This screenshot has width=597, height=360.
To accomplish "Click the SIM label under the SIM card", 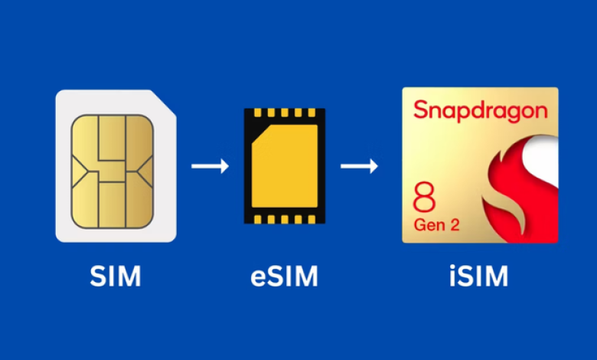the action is pyautogui.click(x=116, y=276).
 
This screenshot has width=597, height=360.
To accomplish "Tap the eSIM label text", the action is pyautogui.click(x=284, y=276).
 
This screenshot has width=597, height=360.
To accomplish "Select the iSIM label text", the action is pyautogui.click(x=478, y=276).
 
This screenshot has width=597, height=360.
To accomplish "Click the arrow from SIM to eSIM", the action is pyautogui.click(x=210, y=166).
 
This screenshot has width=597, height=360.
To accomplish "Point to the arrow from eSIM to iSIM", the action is pyautogui.click(x=359, y=166).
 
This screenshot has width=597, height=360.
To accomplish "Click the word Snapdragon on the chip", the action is pyautogui.click(x=481, y=111).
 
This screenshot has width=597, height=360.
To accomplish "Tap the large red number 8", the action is pyautogui.click(x=424, y=198).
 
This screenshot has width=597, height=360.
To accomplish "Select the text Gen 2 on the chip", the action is pyautogui.click(x=436, y=224).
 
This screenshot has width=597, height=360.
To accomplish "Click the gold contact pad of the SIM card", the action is pyautogui.click(x=113, y=172).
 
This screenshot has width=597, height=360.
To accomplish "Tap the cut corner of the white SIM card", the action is pyautogui.click(x=165, y=101).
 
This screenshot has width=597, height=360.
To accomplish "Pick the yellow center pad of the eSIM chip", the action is pyautogui.click(x=285, y=165).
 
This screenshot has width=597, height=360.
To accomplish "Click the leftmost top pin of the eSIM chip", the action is pyautogui.click(x=258, y=113).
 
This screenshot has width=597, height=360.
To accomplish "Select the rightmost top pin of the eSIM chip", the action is pyautogui.click(x=312, y=113).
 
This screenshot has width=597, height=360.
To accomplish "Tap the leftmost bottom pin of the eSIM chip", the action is pyautogui.click(x=258, y=219).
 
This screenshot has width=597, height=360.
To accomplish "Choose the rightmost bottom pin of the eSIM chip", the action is pyautogui.click(x=312, y=219).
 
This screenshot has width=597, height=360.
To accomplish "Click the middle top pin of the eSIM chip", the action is pyautogui.click(x=285, y=113).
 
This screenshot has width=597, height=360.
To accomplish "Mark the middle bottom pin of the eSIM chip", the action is pyautogui.click(x=285, y=219).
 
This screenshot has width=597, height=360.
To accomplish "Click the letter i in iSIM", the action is pyautogui.click(x=452, y=276).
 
